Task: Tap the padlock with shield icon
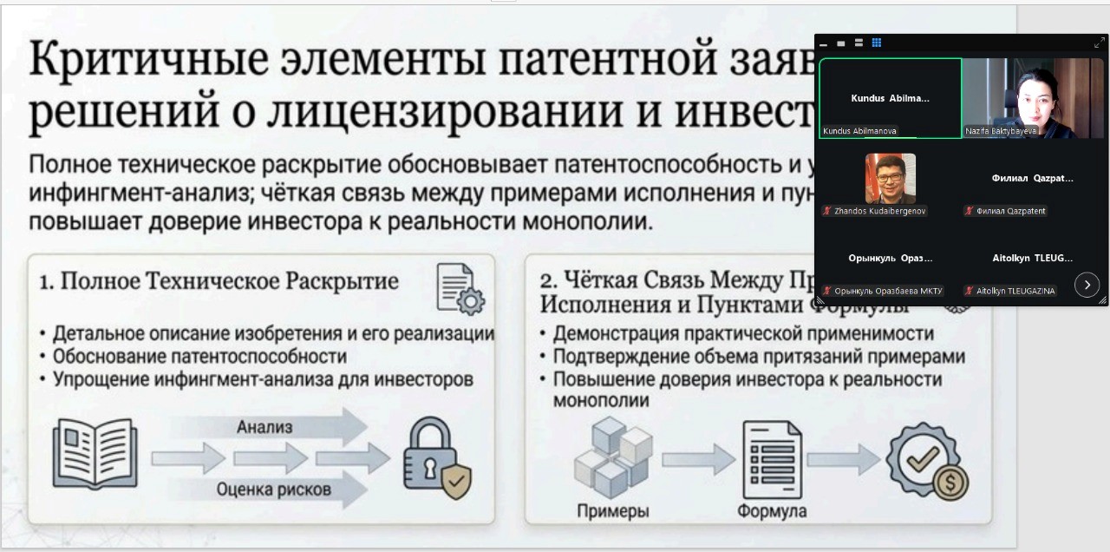coord(436,457)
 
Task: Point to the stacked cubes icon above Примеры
coord(612,457)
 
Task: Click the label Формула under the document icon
coord(771,511)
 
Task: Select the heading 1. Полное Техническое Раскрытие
coord(219,282)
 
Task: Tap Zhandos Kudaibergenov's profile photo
coord(890,178)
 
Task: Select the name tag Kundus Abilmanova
coord(860,131)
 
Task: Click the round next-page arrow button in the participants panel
coord(1087,284)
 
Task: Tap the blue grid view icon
coord(877,43)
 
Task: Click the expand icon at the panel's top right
coord(1099,43)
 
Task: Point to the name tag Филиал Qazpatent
coord(1010,211)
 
